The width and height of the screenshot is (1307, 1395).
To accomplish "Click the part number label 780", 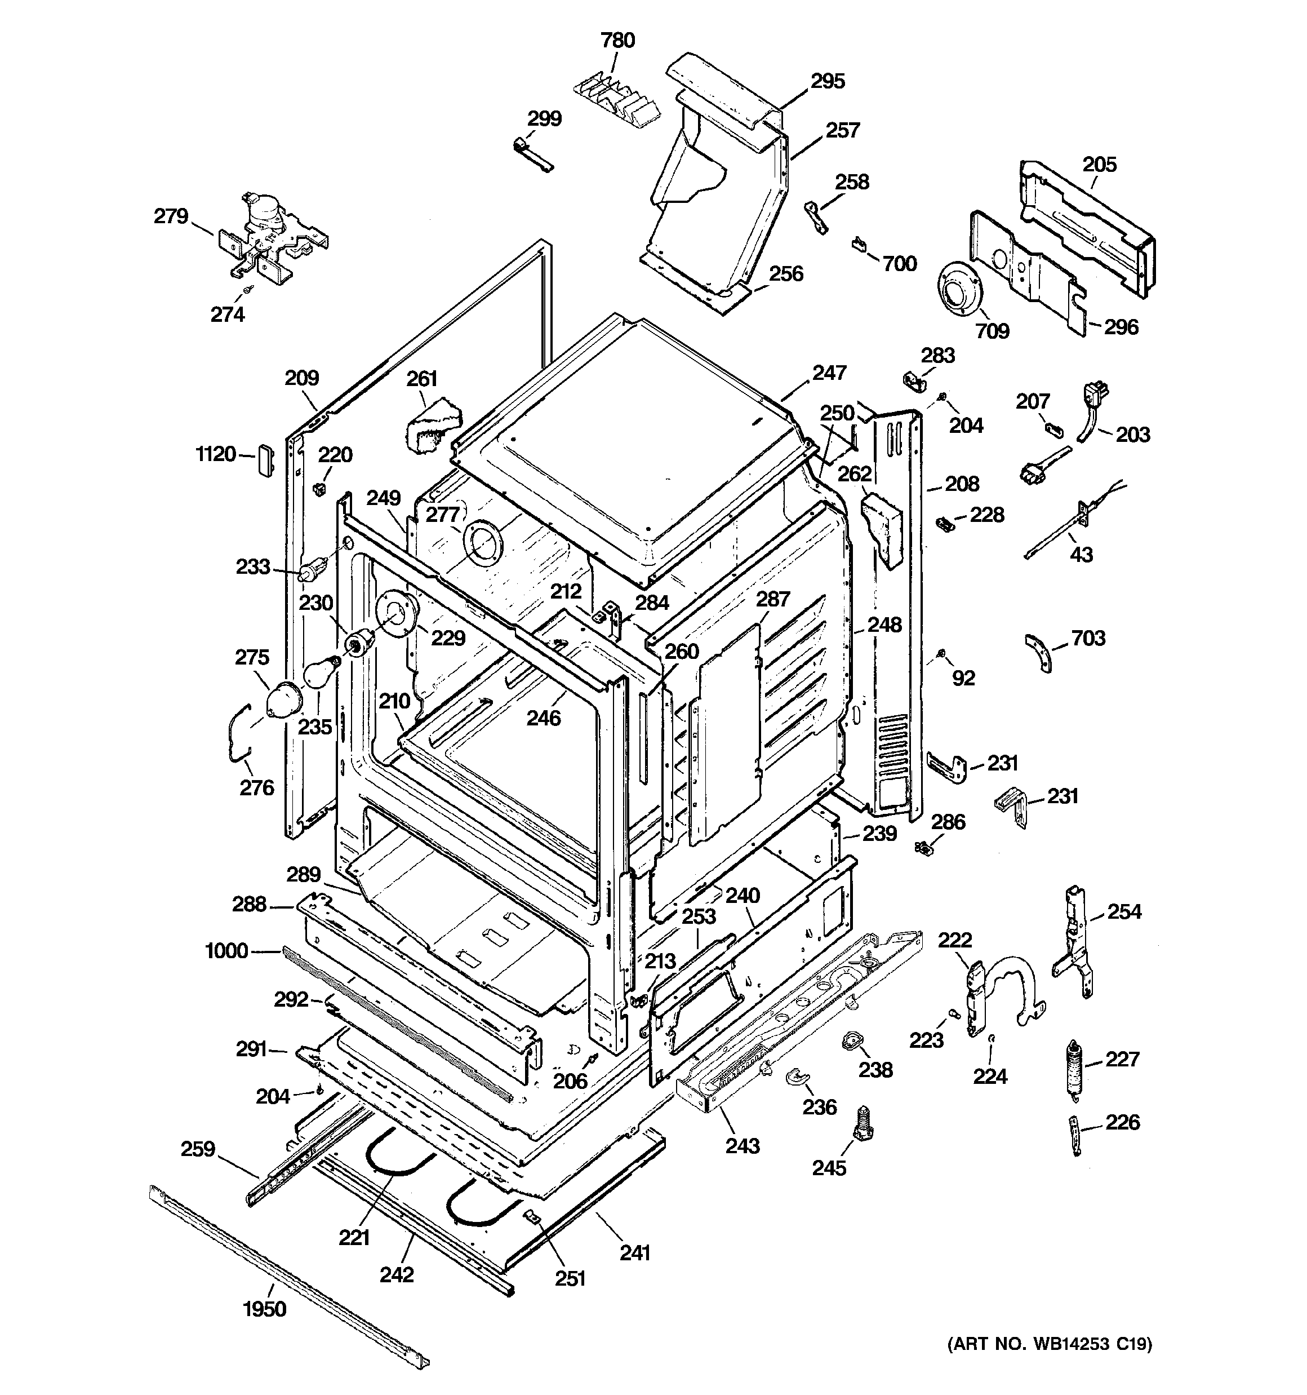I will point(617,40).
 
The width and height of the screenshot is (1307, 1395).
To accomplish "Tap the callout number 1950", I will point(264,1309).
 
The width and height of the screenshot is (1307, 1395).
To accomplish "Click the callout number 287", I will point(773,599).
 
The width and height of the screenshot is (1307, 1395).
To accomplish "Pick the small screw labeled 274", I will point(246,289).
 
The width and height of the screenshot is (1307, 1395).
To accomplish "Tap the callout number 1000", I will point(226,951).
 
